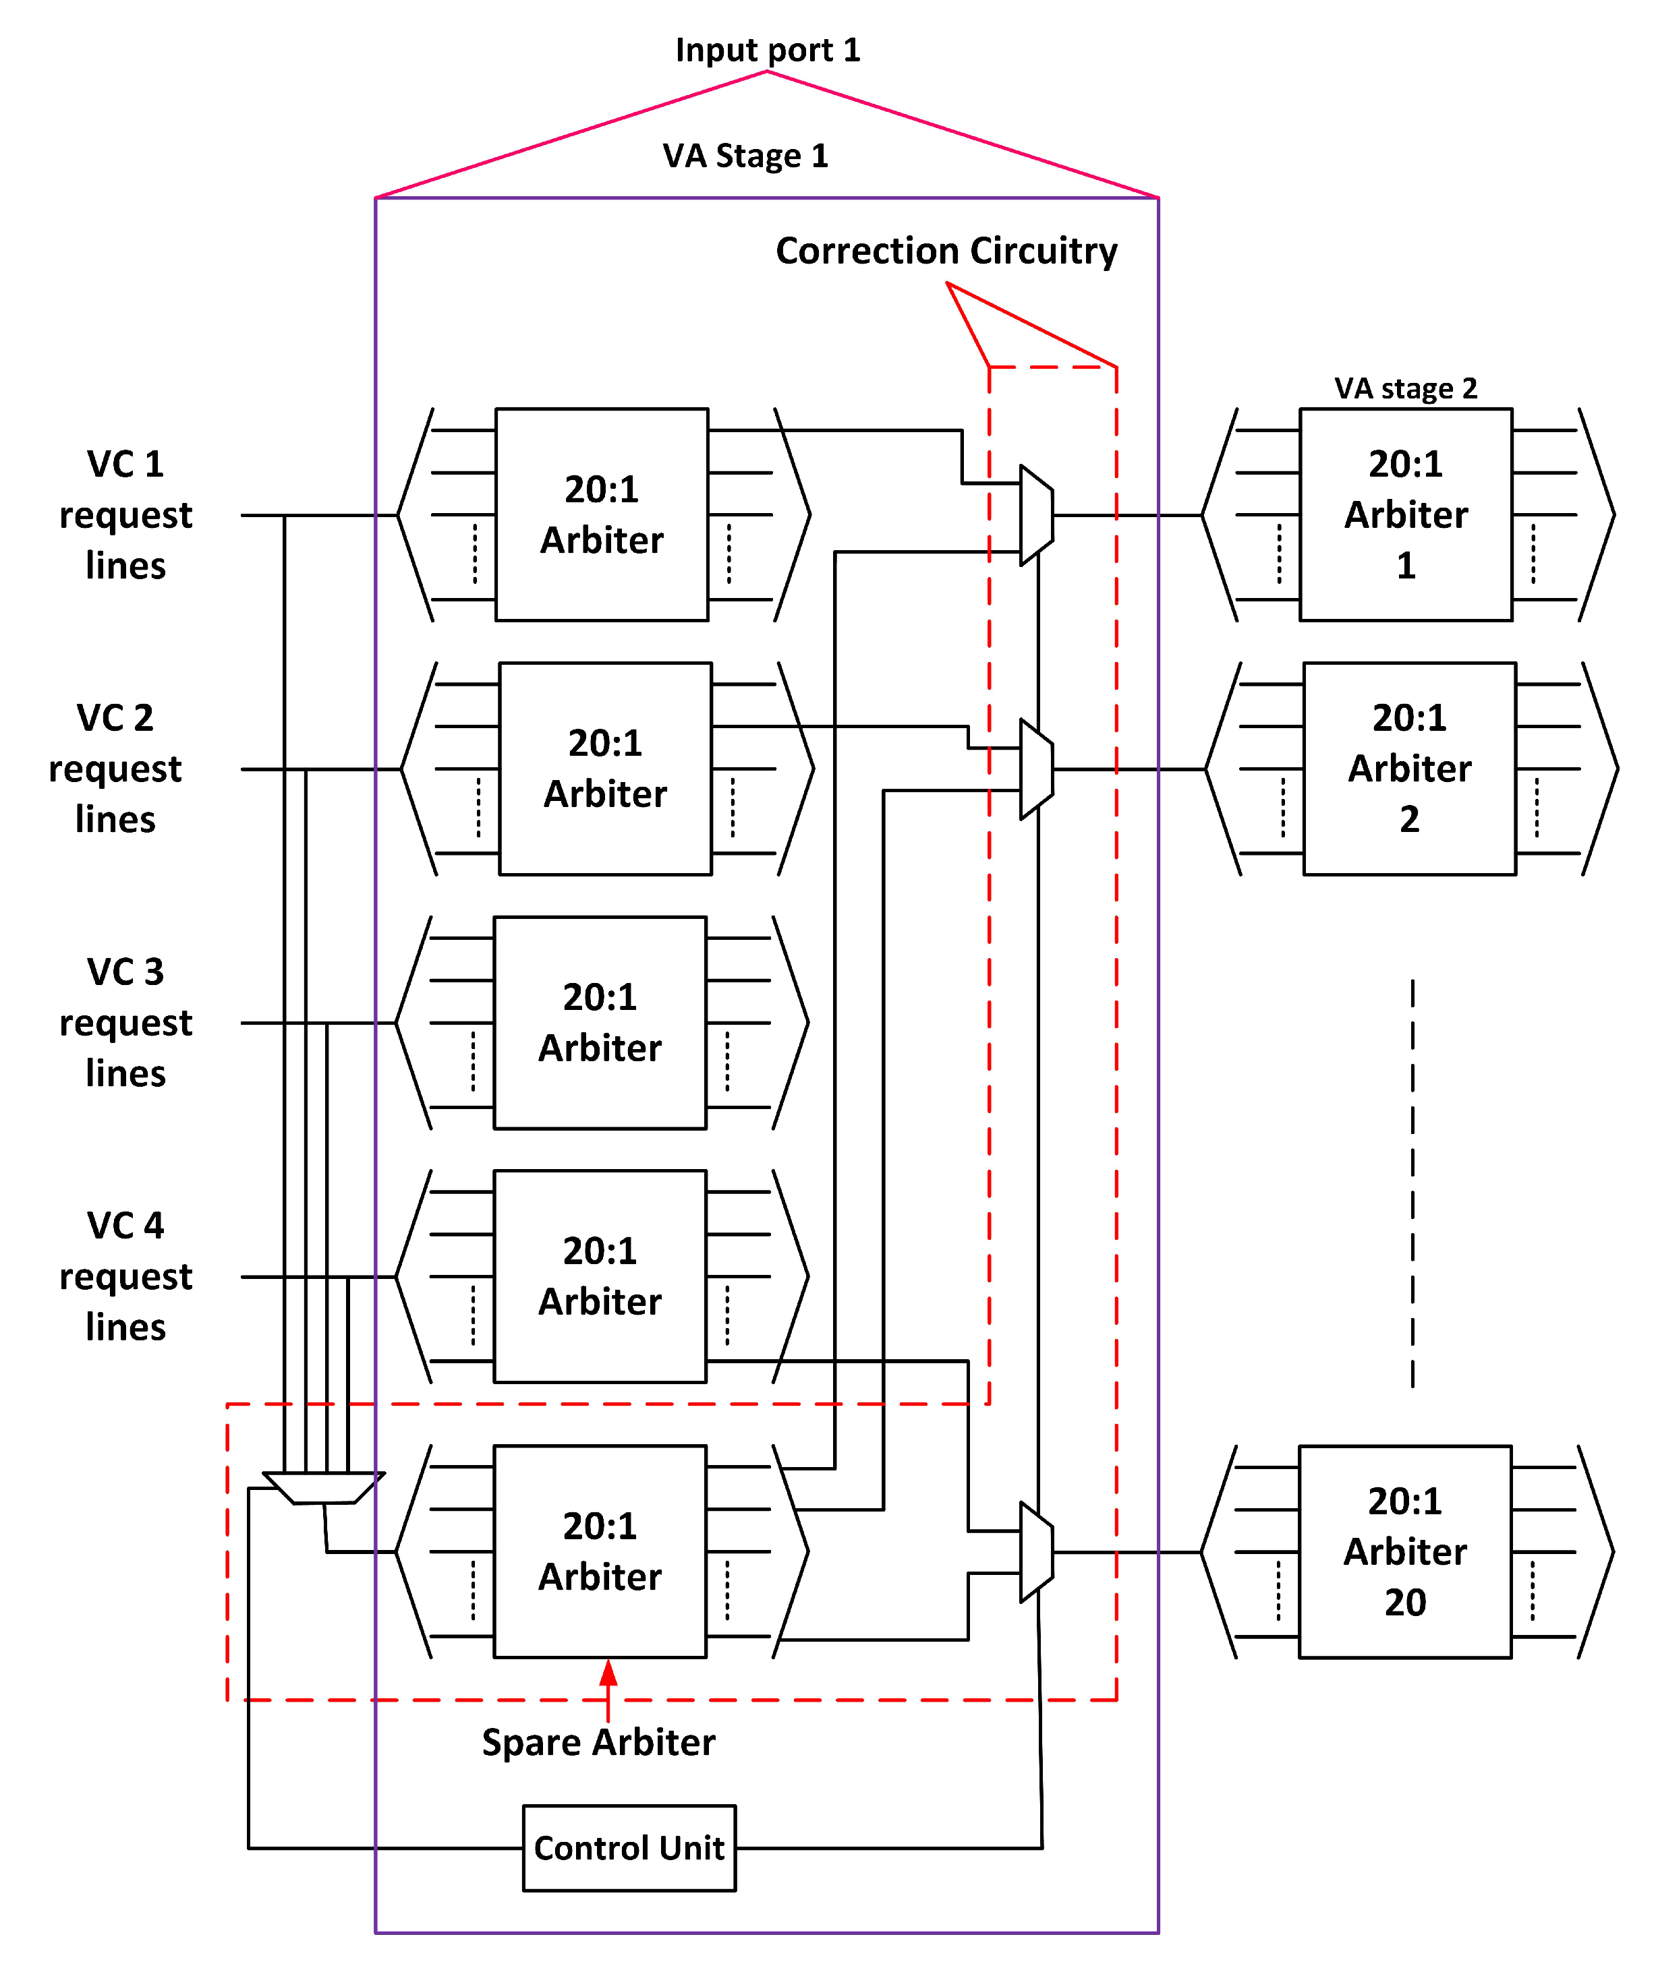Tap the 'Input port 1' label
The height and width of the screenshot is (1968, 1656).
pos(767,50)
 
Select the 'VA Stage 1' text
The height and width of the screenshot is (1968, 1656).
pos(745,156)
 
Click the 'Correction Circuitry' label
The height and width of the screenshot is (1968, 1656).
pos(946,251)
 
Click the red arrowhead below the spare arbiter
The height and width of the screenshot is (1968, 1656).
pos(608,1673)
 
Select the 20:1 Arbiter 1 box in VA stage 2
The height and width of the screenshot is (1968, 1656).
pos(1405,514)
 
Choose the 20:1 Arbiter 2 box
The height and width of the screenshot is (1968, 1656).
pos(1409,769)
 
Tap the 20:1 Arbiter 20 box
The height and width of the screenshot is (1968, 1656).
pos(1404,1551)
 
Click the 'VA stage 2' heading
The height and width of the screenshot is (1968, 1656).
pos(1405,388)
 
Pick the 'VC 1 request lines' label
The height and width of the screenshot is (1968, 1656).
pos(125,514)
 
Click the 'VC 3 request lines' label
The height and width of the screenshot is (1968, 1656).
pos(125,1022)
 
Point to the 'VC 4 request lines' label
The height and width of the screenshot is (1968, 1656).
pos(125,1276)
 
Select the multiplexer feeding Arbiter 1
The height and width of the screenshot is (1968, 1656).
pos(1036,514)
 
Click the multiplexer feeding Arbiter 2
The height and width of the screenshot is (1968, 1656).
pos(1036,769)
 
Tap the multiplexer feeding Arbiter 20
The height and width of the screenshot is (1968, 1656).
pos(1036,1551)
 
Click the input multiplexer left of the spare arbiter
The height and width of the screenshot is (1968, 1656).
pos(323,1487)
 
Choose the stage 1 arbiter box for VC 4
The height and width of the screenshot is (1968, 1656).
pos(600,1276)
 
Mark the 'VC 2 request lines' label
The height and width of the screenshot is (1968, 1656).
pos(115,769)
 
